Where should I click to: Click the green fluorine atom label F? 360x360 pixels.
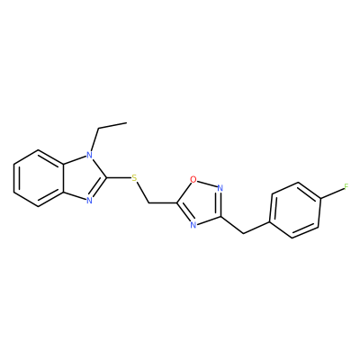[x=346, y=187]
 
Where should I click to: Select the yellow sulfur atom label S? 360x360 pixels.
[x=134, y=178]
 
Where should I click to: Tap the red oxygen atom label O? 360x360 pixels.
[x=193, y=179]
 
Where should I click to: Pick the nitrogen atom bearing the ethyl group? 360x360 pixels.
[x=89, y=155]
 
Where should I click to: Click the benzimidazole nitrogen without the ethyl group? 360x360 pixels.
[x=89, y=201]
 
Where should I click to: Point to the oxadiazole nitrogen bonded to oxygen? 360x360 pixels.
[x=220, y=188]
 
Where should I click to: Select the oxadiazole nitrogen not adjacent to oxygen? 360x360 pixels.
[x=193, y=225]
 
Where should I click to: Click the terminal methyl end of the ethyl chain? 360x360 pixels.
[x=126, y=122]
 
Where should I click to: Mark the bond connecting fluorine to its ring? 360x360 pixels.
[x=332, y=193]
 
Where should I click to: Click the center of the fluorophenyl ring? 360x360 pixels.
[x=295, y=210]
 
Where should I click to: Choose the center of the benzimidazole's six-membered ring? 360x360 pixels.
[x=39, y=178]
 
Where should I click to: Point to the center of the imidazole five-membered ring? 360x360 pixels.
[x=82, y=178]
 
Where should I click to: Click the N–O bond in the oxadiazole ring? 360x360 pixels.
[x=207, y=184]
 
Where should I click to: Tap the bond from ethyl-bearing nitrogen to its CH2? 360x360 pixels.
[x=94, y=140]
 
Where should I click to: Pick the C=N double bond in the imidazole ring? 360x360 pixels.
[x=99, y=189]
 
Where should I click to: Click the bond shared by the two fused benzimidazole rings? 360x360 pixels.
[x=64, y=178]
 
